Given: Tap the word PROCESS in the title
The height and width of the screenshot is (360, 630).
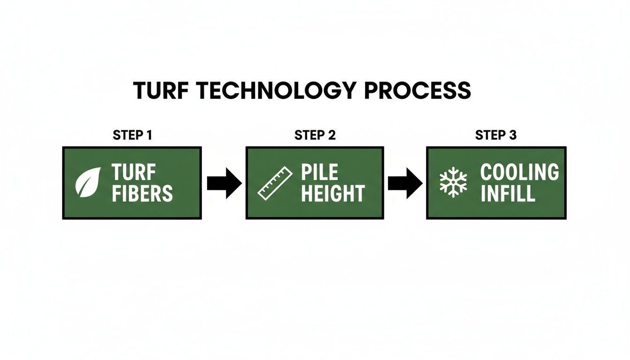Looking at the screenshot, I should (x=417, y=90).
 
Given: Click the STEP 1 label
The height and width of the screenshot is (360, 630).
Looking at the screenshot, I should (x=133, y=135).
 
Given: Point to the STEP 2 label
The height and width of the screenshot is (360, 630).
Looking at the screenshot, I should (x=315, y=135).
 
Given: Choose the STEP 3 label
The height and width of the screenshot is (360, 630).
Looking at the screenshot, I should (x=496, y=135).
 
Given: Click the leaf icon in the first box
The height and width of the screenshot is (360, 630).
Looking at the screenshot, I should (x=89, y=182).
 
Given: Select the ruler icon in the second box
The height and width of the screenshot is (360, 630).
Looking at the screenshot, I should (x=275, y=183).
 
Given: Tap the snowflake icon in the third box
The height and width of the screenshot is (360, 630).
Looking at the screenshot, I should (x=453, y=183).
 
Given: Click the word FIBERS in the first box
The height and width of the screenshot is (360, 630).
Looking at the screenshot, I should (x=142, y=193).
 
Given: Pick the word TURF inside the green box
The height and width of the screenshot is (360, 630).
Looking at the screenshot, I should (x=134, y=172).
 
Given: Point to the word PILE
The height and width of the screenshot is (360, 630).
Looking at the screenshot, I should (x=319, y=172).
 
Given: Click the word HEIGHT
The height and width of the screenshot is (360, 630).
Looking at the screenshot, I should (x=333, y=193).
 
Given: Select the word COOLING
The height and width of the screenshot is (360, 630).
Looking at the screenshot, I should (x=520, y=172).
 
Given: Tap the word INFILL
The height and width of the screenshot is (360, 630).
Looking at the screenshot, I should (x=508, y=193).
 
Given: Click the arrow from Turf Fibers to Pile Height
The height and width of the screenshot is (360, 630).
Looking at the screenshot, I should (x=224, y=183).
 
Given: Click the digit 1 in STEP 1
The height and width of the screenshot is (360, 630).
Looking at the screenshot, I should (x=149, y=135).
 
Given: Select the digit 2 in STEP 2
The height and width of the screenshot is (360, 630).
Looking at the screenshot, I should (x=331, y=135).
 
